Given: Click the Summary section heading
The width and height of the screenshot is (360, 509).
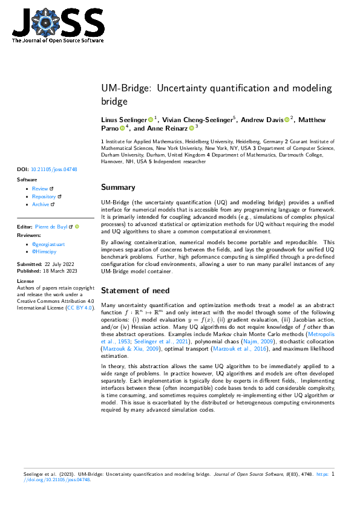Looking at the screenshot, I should [118, 187].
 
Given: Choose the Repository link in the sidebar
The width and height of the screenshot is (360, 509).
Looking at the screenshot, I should [44, 196].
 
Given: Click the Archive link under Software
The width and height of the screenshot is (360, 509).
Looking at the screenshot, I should [41, 204].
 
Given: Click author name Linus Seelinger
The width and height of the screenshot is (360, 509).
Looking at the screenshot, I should [123, 120].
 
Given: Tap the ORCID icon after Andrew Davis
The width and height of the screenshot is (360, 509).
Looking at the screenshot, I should [287, 120].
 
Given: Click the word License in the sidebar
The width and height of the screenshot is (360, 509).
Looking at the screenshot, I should [25, 281].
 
